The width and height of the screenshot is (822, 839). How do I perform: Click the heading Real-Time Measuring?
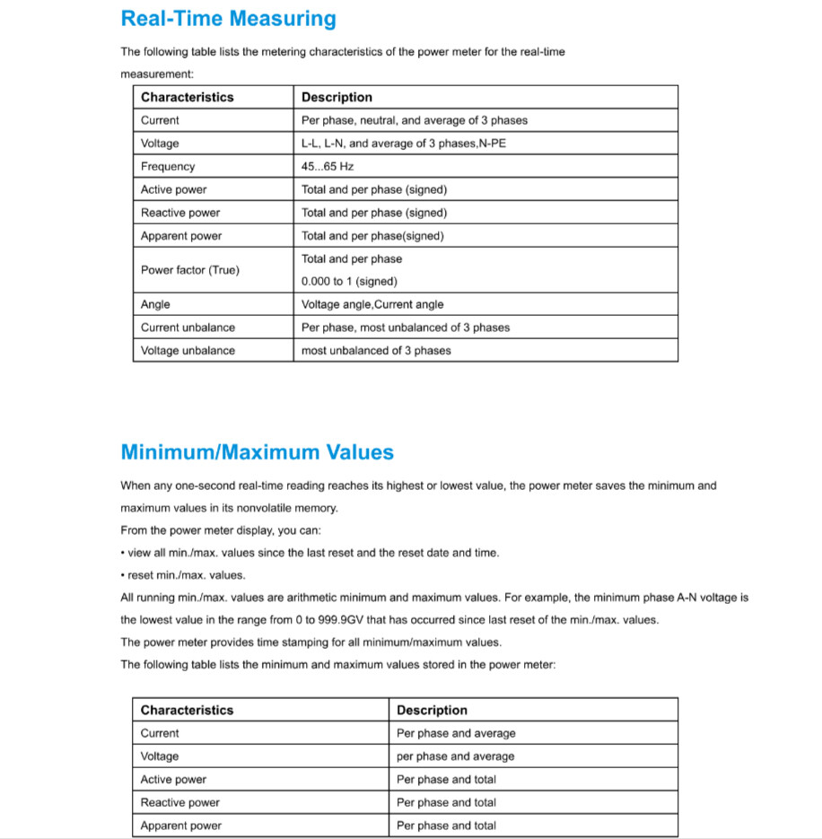[228, 19]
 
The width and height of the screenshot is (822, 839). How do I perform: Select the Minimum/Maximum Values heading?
[257, 452]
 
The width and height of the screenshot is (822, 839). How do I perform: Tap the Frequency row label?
[168, 167]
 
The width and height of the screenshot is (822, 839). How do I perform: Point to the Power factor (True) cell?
[190, 270]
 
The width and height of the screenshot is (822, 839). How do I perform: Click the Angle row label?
[155, 305]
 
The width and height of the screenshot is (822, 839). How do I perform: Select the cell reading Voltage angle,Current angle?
[372, 305]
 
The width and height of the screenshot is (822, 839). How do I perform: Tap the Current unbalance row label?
[188, 328]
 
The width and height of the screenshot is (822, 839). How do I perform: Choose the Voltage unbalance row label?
[188, 351]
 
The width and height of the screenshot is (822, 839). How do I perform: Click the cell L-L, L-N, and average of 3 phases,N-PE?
[404, 144]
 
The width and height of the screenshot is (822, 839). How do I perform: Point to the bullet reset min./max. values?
[186, 575]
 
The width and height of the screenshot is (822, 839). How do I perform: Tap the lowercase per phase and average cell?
[456, 756]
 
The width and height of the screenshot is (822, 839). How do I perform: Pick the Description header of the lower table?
[432, 710]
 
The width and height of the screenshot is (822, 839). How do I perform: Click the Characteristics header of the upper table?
[187, 97]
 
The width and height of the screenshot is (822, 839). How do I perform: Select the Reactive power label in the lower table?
[179, 802]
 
